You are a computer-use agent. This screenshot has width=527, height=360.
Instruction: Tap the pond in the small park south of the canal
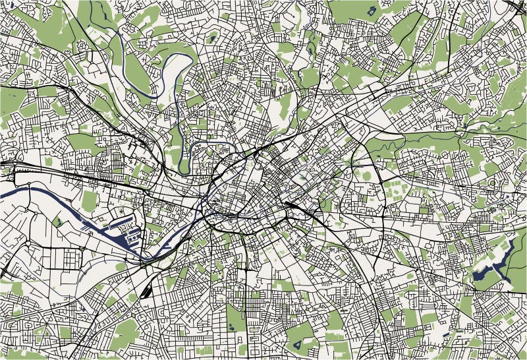point(58,222)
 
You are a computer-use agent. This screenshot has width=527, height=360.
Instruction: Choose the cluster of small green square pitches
point(395,191)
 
